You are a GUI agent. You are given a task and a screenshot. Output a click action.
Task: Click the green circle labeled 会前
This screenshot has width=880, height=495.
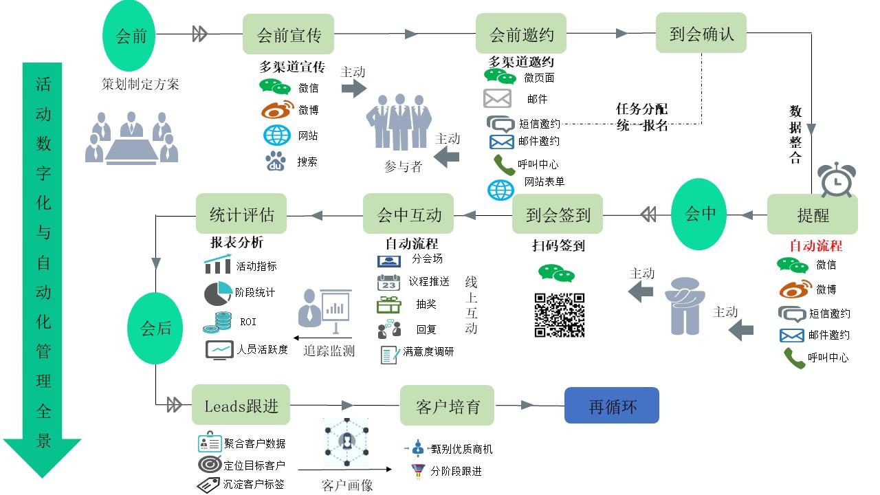(x=129, y=36)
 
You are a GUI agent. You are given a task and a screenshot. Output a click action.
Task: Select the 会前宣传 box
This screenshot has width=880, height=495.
(x=288, y=34)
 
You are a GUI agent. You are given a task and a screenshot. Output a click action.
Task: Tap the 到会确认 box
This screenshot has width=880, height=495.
(x=701, y=33)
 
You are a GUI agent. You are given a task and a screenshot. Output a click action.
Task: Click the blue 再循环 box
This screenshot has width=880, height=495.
(x=612, y=406)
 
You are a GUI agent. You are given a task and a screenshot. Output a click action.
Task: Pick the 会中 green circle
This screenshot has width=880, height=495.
(x=699, y=214)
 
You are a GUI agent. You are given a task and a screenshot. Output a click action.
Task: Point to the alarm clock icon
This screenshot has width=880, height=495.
(x=837, y=179)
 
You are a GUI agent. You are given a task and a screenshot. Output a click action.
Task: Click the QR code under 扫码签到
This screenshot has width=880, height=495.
(x=560, y=315)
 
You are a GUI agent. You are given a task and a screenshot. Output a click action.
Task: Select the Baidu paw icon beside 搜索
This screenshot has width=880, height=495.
(x=276, y=161)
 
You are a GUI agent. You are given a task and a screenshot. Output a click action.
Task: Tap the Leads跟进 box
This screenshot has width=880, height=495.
(x=241, y=405)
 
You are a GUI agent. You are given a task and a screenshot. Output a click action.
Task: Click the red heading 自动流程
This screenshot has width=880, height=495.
(x=816, y=246)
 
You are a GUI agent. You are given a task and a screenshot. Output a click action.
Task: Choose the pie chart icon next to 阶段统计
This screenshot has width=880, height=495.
(x=218, y=294)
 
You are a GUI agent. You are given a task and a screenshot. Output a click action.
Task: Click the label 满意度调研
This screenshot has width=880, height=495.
(x=428, y=351)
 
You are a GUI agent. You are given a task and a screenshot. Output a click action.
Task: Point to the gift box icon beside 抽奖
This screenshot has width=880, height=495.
(x=388, y=305)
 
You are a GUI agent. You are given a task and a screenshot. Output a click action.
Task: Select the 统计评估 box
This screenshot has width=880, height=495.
(x=241, y=214)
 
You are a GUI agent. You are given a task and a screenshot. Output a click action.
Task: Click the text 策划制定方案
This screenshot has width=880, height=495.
(x=140, y=84)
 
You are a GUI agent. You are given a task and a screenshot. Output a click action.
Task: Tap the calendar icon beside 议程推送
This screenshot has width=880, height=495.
(x=388, y=283)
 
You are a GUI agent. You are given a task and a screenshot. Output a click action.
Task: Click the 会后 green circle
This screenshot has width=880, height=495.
(x=155, y=329)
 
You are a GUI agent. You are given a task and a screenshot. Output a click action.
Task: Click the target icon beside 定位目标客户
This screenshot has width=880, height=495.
(x=210, y=464)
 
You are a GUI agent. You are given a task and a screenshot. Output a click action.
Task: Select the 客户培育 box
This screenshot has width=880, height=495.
(x=447, y=406)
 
